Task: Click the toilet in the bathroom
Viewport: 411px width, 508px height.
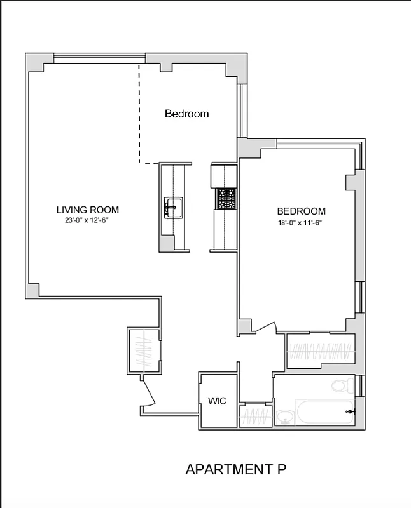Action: [340, 385]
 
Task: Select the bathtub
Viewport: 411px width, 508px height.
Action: [324, 413]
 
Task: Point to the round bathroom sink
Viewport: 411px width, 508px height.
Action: [284, 417]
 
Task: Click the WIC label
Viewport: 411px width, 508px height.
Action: [218, 401]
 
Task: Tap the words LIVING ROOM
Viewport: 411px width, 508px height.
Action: [87, 210]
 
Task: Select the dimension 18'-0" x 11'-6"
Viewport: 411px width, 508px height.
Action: [301, 222]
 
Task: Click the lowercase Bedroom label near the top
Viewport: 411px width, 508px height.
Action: [186, 114]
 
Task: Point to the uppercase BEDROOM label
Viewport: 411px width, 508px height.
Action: [301, 211]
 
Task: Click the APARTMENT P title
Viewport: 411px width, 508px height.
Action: [235, 470]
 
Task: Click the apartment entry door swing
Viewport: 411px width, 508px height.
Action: [149, 391]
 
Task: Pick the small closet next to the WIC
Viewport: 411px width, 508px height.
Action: [254, 415]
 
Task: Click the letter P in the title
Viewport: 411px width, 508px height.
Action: [281, 470]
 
